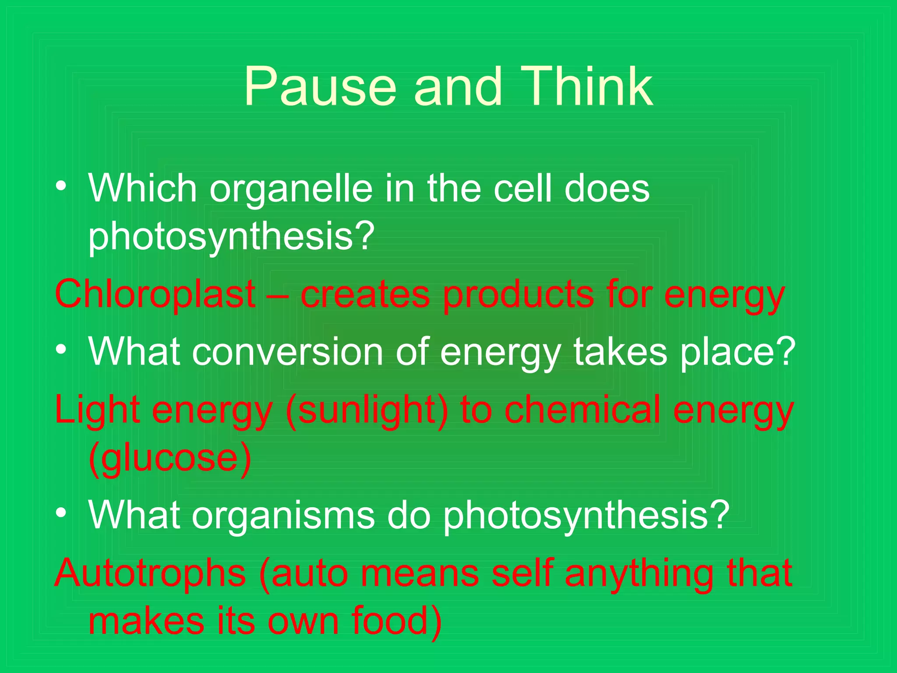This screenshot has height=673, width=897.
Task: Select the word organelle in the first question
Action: click(291, 189)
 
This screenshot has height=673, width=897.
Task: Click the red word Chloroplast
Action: click(155, 295)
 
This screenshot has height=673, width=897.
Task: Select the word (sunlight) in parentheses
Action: click(367, 411)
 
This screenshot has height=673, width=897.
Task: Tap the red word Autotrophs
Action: click(150, 574)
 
